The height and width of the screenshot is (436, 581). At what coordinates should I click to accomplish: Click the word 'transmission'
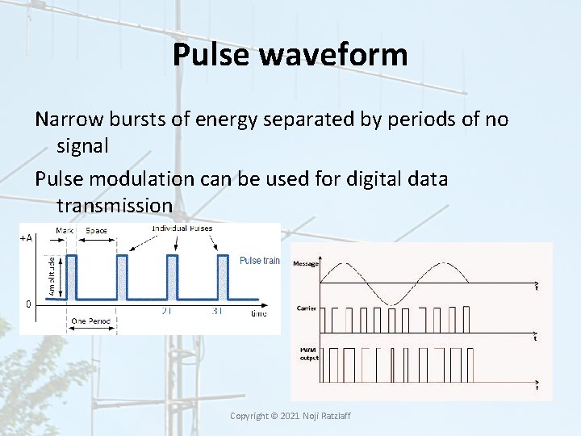(x=115, y=206)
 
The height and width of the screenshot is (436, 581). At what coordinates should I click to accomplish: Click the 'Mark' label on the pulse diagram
(x=65, y=231)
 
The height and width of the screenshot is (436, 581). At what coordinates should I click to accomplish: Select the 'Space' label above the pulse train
(x=96, y=231)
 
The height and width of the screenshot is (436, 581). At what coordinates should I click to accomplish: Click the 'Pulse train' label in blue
(x=260, y=261)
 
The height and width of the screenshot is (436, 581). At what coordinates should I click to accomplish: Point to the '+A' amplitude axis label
(x=26, y=238)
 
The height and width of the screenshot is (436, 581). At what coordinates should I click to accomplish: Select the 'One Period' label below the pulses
(x=91, y=321)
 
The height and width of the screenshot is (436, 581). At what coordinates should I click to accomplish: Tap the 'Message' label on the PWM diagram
(x=306, y=263)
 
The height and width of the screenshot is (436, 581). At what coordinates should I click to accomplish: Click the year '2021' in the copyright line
(x=290, y=416)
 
